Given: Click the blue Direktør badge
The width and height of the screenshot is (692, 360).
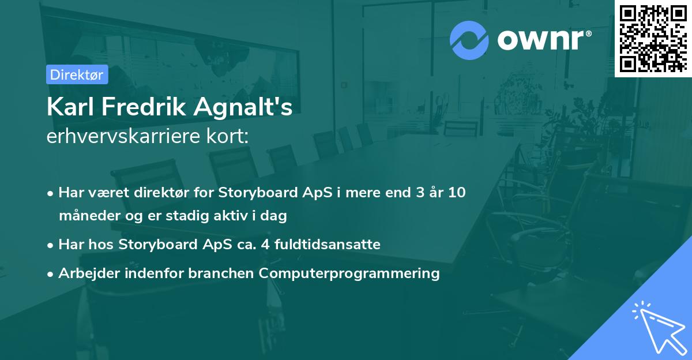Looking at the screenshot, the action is [77, 74].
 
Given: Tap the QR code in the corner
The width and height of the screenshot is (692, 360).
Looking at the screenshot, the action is [653, 39].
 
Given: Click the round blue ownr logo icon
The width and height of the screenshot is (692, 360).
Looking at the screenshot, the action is [469, 40].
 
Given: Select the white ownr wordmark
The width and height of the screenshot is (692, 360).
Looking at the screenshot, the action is [541, 40].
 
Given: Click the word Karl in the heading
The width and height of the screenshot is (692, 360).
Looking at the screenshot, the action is [70, 107].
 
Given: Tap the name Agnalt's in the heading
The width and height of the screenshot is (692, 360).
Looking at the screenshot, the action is [243, 107].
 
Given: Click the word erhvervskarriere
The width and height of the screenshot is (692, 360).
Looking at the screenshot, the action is [123, 136].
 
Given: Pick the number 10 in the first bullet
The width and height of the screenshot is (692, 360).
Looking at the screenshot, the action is [457, 192].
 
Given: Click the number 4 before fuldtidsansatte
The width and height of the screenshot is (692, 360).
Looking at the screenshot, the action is [265, 245].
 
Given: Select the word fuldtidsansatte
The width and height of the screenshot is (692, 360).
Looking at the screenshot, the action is [328, 244].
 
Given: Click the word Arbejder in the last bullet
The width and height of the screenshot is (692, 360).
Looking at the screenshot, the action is [89, 273].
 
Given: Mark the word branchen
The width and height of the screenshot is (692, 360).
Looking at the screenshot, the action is [221, 273].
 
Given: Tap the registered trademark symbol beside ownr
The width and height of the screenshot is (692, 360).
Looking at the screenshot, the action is [588, 33].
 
